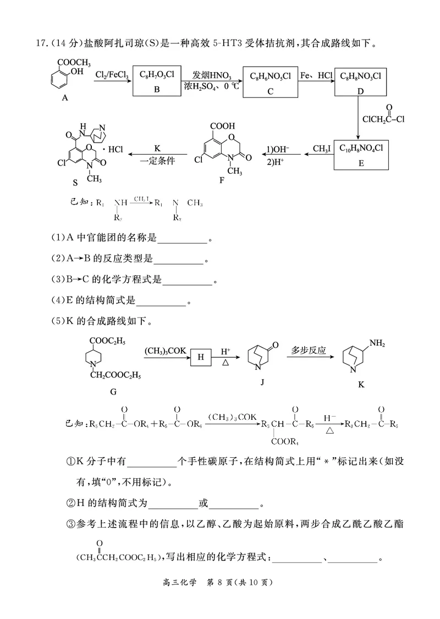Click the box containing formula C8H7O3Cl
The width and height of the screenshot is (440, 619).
tap(157, 81)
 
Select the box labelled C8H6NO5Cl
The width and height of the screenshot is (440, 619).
tap(270, 82)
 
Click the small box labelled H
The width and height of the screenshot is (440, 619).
tap(200, 357)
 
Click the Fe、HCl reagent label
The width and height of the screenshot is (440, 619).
tap(316, 74)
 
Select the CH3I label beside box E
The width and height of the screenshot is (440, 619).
tap(322, 148)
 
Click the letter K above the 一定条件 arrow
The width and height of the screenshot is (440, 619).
tap(157, 149)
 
